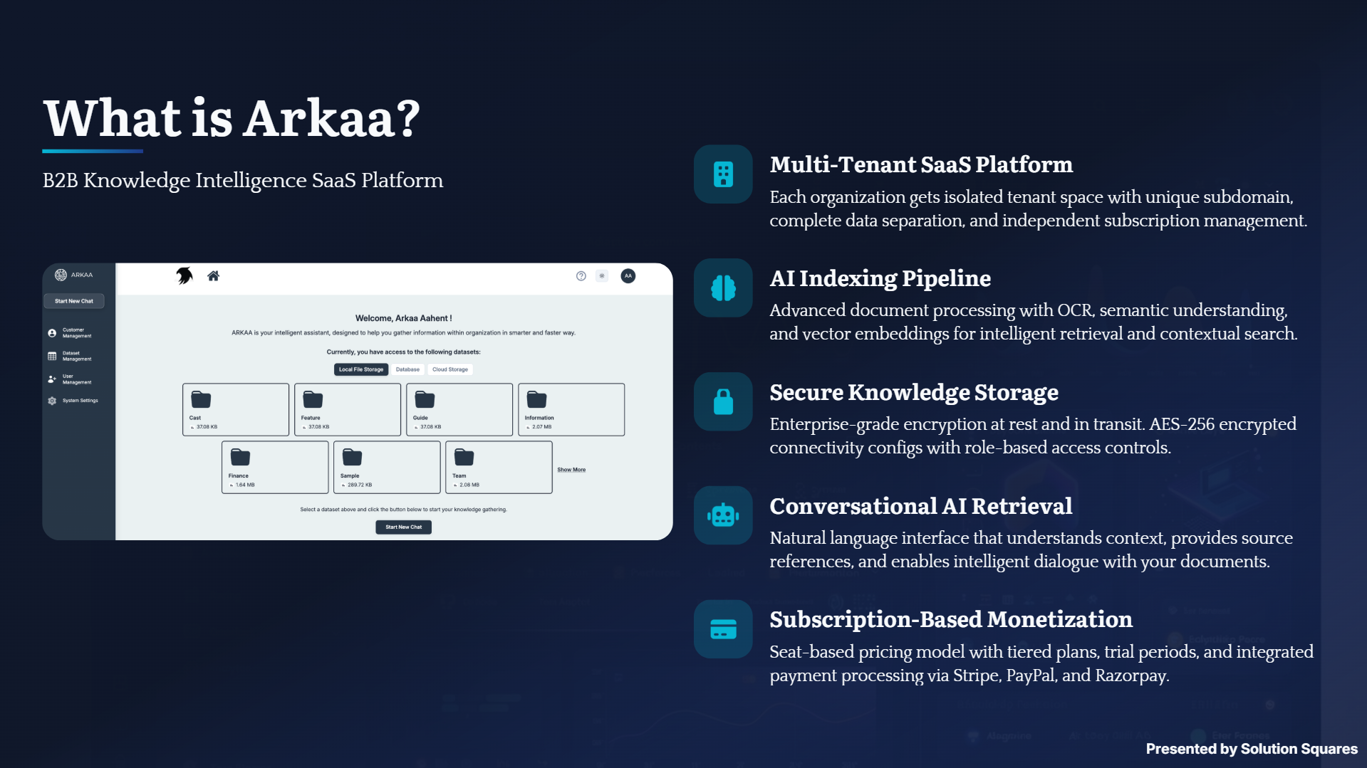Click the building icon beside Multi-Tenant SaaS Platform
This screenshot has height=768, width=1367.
tap(723, 174)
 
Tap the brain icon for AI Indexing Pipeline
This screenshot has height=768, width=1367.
tap(723, 288)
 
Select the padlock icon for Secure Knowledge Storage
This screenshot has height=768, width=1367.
tap(723, 401)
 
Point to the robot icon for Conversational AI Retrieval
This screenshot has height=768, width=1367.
tap(723, 515)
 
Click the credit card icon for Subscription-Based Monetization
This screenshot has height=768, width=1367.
tap(723, 629)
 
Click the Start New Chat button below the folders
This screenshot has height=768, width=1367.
tap(403, 527)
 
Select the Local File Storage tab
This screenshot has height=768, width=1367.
tap(361, 369)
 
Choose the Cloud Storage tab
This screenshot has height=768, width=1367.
tap(450, 369)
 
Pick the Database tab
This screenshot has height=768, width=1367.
tap(407, 369)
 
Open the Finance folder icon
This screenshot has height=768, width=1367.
tap(240, 457)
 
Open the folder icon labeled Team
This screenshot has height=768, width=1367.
tap(464, 457)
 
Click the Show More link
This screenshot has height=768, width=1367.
tap(571, 470)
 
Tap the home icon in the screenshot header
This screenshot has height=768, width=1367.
tap(213, 276)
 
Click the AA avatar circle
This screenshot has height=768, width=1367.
tap(628, 276)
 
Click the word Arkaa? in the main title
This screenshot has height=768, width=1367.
tap(332, 118)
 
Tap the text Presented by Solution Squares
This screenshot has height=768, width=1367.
tap(1252, 749)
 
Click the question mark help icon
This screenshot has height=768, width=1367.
tap(581, 276)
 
